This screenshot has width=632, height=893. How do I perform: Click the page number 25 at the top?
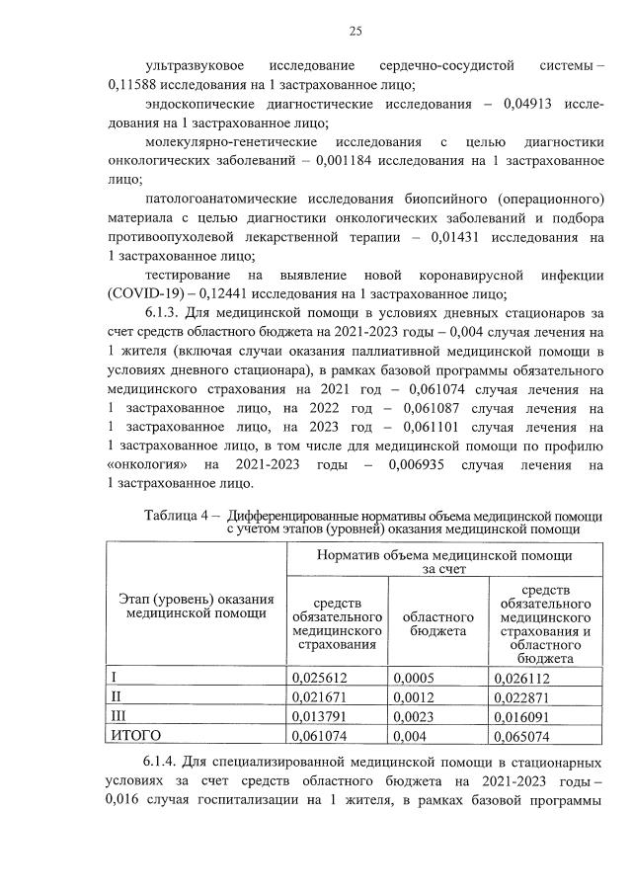pos(355,31)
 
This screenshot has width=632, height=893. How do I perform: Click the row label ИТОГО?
pos(136,735)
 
